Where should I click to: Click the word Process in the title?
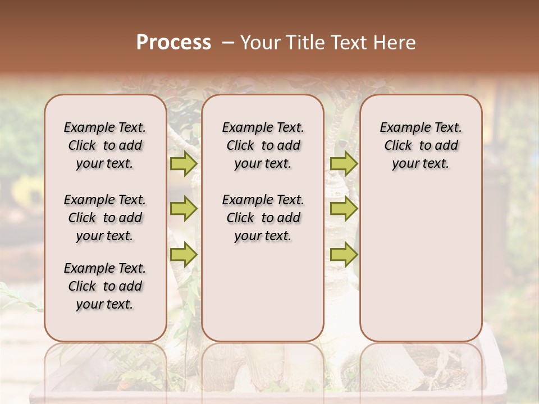pos(173,43)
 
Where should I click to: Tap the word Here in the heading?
pos(394,43)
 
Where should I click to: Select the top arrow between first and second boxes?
pos(183,164)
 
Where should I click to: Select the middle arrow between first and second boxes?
pos(183,209)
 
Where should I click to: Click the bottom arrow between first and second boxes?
pos(183,255)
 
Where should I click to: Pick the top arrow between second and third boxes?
pos(344,164)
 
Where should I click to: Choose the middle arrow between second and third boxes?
pos(344,209)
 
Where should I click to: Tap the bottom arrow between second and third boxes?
pos(344,255)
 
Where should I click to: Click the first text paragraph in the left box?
pos(105,145)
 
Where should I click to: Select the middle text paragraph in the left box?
pos(105,218)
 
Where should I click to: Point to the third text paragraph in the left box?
pos(105,286)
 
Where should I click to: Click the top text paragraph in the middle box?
pos(263,145)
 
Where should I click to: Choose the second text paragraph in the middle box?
pos(263,218)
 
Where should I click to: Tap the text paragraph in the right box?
pos(421,145)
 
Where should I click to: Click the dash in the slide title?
pos(227,43)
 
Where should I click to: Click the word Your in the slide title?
pos(261,43)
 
